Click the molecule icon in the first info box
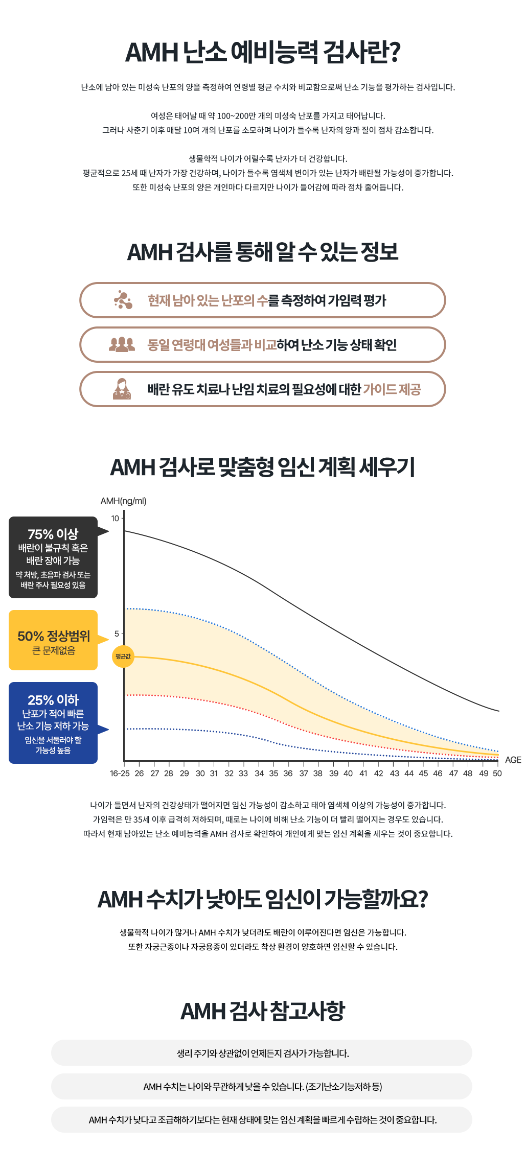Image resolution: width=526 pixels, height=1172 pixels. pos(123,300)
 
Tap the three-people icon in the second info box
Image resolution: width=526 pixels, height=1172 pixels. pos(122,344)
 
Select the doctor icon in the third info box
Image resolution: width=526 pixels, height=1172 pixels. pos(122,389)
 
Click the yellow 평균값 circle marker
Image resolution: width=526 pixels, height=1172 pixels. pos(123,657)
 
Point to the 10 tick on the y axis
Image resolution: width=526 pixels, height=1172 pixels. pos(115,519)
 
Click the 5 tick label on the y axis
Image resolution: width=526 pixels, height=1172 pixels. pos(117,634)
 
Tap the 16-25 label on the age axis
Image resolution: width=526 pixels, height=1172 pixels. pos(120,773)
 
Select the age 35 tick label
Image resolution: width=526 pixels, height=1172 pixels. pos(273,773)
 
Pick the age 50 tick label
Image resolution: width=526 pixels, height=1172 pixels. pos(497,773)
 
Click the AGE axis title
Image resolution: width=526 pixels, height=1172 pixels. pos(513,760)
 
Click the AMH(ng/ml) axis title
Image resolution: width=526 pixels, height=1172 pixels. pos(124,501)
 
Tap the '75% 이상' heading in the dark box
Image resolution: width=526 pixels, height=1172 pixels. pos(53,534)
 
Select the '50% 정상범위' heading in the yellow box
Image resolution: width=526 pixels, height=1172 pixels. pos(54,637)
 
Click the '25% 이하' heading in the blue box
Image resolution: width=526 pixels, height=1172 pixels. pos(53,700)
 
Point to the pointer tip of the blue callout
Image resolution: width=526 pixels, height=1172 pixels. pos(109,729)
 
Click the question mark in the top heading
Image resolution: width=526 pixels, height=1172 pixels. pos(394,53)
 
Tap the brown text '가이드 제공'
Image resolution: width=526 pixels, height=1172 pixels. pos(392,389)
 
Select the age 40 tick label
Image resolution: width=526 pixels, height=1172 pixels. pos(348,773)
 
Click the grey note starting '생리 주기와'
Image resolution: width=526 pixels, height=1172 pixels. pos(262,1053)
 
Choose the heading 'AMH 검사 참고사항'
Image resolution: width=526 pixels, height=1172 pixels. pos(263,1011)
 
